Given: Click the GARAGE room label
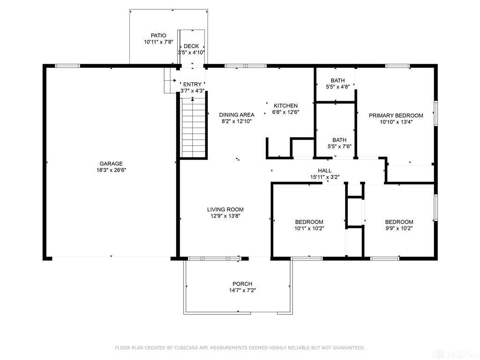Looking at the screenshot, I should click(111, 164).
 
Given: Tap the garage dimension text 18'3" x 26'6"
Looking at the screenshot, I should click(111, 170).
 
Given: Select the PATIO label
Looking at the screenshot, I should click(158, 36).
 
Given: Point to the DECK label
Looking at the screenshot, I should click(191, 46).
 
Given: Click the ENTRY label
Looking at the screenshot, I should click(192, 84).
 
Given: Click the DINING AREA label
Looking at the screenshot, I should click(237, 115).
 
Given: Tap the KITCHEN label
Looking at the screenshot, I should click(286, 105).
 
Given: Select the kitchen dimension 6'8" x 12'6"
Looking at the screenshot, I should click(286, 112).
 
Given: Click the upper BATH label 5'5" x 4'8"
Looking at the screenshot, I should click(337, 81).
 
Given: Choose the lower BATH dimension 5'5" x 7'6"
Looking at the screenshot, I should click(339, 146).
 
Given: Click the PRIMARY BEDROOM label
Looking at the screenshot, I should click(396, 115).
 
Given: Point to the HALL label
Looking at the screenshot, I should click(324, 171).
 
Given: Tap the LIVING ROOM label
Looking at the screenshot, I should click(225, 210).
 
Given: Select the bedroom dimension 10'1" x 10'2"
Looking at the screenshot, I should click(309, 229).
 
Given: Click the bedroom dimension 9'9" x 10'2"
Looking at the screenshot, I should click(399, 229).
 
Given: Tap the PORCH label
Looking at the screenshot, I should click(242, 284).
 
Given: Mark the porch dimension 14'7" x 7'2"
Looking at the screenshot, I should click(242, 290).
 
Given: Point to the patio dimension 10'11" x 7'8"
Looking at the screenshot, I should click(158, 42).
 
